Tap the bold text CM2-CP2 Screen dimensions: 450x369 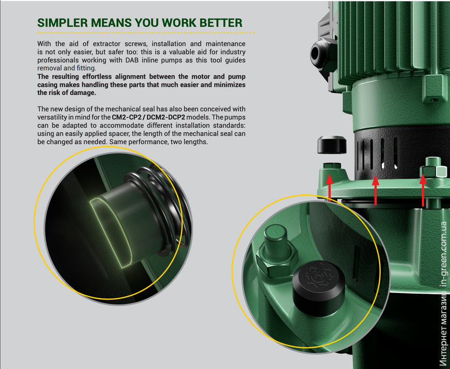126,117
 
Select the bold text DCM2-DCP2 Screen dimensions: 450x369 166,117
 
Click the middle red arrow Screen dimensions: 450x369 376,191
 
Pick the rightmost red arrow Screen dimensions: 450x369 423,191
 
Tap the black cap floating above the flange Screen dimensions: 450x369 332,145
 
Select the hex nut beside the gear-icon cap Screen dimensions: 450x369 277,261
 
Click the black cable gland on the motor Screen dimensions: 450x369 321,54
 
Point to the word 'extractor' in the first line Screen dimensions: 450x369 106,44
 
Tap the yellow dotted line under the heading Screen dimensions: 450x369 146,33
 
